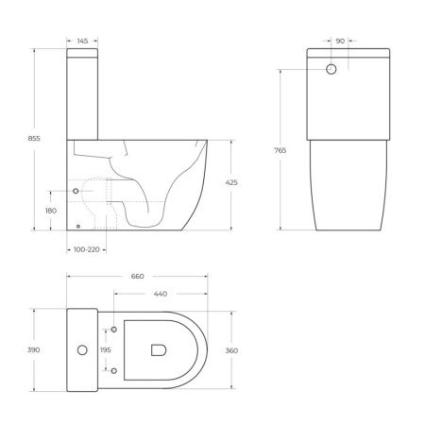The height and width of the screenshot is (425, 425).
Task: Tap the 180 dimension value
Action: pyautogui.click(x=50, y=210)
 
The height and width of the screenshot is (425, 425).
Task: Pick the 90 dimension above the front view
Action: pyautogui.click(x=339, y=41)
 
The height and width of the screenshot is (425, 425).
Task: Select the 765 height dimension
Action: pyautogui.click(x=280, y=150)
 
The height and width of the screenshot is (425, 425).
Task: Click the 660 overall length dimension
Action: pyautogui.click(x=137, y=277)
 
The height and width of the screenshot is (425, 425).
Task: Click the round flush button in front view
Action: pyautogui.click(x=331, y=70)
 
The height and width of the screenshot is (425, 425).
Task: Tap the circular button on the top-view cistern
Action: pyautogui.click(x=81, y=350)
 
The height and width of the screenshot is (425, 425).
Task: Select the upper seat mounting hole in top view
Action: pyautogui.click(x=114, y=329)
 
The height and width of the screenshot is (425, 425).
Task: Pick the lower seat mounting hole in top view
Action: pyautogui.click(x=114, y=371)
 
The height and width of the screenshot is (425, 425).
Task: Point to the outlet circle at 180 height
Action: pyautogui.click(x=76, y=192)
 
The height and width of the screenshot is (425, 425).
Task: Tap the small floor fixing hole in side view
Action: pyautogui.click(x=76, y=226)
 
